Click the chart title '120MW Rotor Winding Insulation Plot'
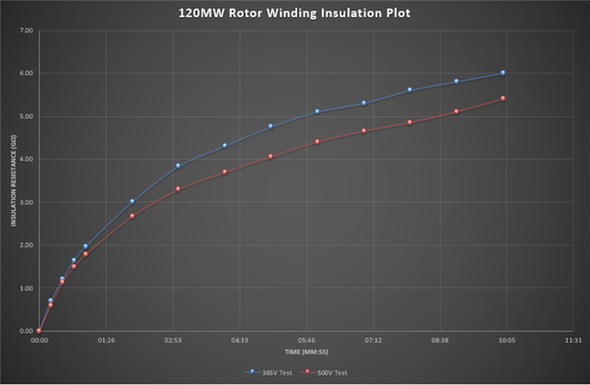point(295,14)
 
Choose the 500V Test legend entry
point(326,372)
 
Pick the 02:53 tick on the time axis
point(172,339)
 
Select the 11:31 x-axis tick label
point(573,339)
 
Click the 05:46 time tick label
point(305,339)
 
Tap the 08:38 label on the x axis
point(440,339)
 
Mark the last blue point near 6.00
point(502,73)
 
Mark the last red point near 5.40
point(502,98)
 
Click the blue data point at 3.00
point(131,202)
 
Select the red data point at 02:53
point(178,189)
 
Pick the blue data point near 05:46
point(317,111)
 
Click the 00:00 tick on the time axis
point(39,339)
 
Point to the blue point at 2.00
point(85,246)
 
